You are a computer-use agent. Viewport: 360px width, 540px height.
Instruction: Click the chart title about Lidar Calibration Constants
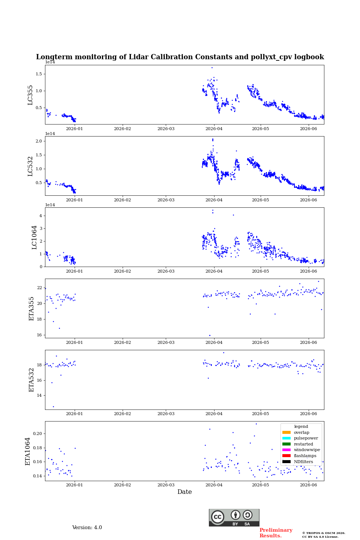[x=180, y=57]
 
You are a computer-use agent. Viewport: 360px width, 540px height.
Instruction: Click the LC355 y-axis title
[x=30, y=95]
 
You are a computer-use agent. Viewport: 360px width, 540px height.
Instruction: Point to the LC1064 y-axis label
[x=34, y=237]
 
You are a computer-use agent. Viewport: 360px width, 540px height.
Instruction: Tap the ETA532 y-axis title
[x=31, y=380]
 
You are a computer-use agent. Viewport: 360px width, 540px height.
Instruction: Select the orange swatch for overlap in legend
[x=286, y=432]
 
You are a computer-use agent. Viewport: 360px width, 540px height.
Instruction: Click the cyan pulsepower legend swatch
[x=286, y=438]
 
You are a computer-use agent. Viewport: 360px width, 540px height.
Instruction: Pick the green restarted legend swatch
[x=286, y=444]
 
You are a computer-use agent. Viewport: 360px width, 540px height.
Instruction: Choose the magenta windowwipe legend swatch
[x=286, y=450]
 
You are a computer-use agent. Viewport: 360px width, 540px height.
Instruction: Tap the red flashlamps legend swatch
[x=286, y=456]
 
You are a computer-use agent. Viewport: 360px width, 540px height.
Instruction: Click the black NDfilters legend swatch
[x=286, y=462]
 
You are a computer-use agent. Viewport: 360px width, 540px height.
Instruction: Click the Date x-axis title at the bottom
[x=184, y=492]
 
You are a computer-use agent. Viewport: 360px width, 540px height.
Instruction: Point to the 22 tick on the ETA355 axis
[x=39, y=288]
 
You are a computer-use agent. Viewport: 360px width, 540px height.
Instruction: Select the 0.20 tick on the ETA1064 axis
[x=37, y=433]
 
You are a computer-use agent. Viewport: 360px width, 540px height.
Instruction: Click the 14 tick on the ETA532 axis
[x=39, y=395]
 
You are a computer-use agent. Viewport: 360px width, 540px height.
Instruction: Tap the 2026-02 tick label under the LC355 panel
[x=123, y=129]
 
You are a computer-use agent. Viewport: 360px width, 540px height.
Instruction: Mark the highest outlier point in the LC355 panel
[x=212, y=68]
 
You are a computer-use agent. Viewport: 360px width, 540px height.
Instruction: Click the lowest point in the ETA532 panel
[x=54, y=406]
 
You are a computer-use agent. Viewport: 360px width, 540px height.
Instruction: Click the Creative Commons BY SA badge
[x=234, y=517]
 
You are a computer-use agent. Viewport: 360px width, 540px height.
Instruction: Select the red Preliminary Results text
[x=276, y=533]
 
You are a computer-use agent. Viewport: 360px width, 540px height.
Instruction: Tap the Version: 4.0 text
[x=87, y=528]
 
